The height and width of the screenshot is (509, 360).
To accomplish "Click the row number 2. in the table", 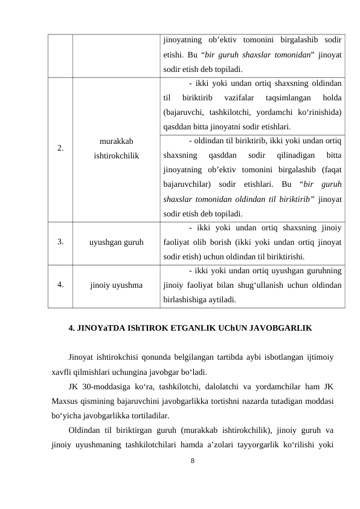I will tap(61, 148).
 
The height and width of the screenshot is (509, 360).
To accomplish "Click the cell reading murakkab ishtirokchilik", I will tap(117, 148).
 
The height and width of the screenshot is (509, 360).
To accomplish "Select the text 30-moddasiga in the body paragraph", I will tap(106, 386).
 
